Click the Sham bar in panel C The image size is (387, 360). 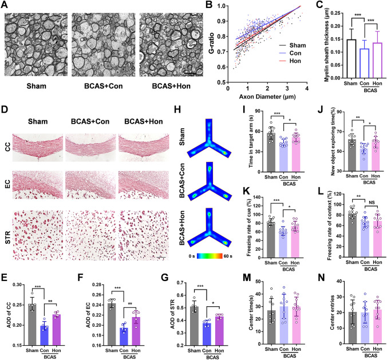pyautogui.click(x=351, y=59)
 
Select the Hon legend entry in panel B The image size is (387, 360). pyautogui.click(x=290, y=61)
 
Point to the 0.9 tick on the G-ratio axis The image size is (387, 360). pyautogui.click(x=222, y=21)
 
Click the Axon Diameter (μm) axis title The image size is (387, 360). pyautogui.click(x=267, y=97)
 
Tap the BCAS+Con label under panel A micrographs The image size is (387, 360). pyautogui.click(x=104, y=86)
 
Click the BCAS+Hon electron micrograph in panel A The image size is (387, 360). pyautogui.click(x=171, y=45)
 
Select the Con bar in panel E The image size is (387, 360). pyautogui.click(x=45, y=335)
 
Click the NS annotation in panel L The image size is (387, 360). pyautogui.click(x=372, y=203)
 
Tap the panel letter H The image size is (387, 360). pyautogui.click(x=177, y=109)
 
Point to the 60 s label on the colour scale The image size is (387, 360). pyautogui.click(x=228, y=256)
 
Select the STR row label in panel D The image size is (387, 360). pyautogui.click(x=7, y=237)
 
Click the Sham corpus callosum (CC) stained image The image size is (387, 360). pyautogui.click(x=38, y=148)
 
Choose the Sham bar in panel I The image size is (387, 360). pyautogui.click(x=271, y=152)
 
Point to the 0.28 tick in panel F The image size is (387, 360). pyautogui.click(x=97, y=285)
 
